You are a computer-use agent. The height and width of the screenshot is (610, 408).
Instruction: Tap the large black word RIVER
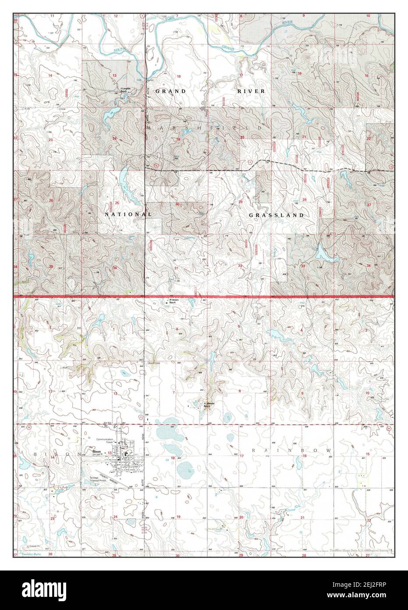[251, 91]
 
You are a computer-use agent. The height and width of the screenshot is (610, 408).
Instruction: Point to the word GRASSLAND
[277, 215]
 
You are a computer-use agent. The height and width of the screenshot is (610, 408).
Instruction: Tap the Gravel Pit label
[34, 546]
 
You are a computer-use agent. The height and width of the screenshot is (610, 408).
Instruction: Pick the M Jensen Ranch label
[174, 302]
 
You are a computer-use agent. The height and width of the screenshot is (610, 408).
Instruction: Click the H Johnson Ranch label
[206, 405]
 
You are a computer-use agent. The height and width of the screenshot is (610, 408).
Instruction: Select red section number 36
[115, 268]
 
